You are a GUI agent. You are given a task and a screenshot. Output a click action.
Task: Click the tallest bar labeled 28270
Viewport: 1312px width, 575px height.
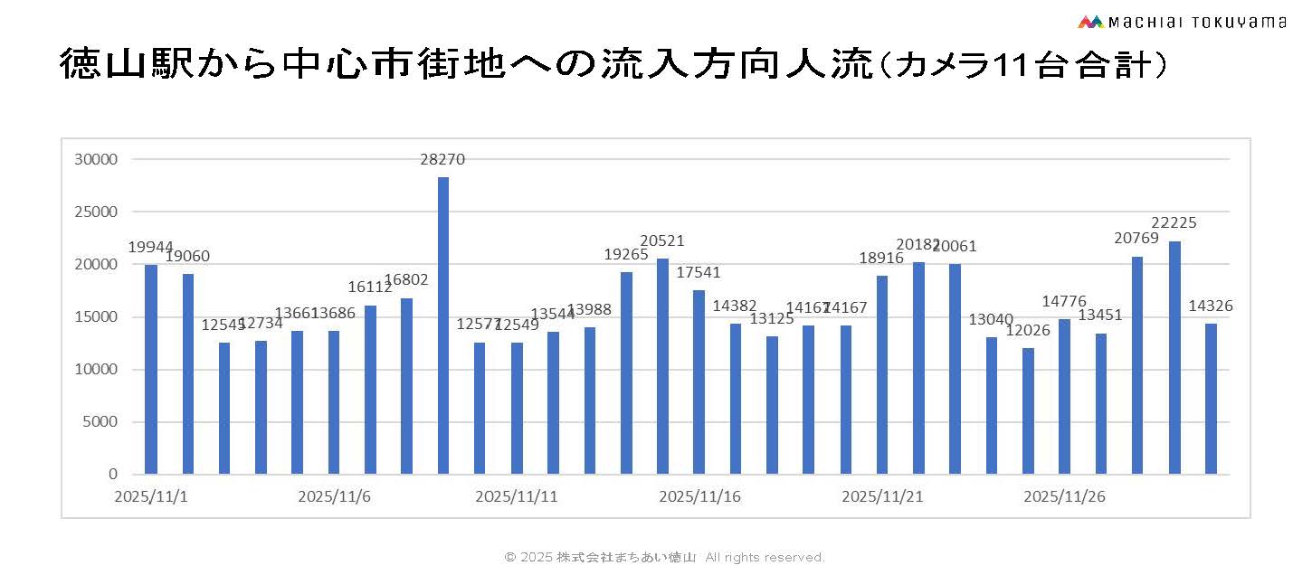coord(443,325)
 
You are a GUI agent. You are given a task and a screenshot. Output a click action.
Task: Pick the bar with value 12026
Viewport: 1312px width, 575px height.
coord(1028,410)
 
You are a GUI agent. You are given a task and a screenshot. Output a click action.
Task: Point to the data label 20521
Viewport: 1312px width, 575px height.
coord(661,241)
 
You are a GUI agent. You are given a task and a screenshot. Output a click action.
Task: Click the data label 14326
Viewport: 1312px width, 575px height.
coord(1211,306)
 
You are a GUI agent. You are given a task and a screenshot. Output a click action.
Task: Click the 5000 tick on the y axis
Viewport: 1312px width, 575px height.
coord(103,422)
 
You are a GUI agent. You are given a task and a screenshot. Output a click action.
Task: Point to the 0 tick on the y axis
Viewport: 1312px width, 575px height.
coord(113,475)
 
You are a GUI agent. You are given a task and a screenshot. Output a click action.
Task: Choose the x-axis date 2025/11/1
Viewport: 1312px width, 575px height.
coord(147,496)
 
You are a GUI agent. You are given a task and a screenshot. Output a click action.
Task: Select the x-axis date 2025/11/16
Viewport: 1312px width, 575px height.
coord(700,496)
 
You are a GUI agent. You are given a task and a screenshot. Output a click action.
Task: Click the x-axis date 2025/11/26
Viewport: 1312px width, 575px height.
coord(1064,496)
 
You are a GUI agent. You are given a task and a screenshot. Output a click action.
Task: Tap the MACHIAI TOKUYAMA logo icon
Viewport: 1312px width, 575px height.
coord(1091,22)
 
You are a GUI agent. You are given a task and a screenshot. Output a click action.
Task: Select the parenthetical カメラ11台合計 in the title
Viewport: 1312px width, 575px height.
coord(1022,66)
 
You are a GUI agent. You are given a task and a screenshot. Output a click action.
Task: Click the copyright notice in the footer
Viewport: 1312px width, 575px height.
coord(664,557)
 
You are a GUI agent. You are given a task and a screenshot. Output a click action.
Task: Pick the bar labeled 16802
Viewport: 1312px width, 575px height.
coord(407,386)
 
